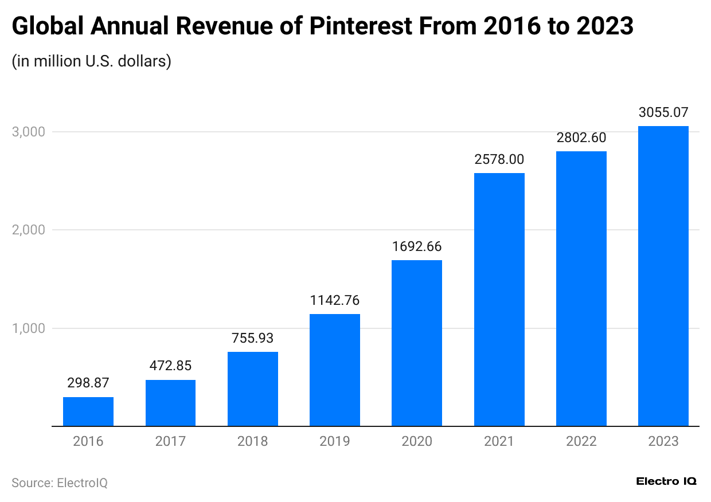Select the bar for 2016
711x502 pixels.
pyautogui.click(x=88, y=411)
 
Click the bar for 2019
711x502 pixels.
pyautogui.click(x=335, y=370)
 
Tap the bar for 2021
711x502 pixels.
pyautogui.click(x=499, y=299)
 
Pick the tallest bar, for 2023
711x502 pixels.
pyautogui.click(x=663, y=276)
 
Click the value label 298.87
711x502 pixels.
pyautogui.click(x=88, y=382)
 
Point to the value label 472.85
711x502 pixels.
pyautogui.click(x=170, y=365)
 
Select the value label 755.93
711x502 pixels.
pyautogui.click(x=252, y=338)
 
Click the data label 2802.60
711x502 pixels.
pyautogui.click(x=581, y=138)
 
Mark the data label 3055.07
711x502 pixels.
pyautogui.click(x=663, y=112)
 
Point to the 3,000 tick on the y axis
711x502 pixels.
pyautogui.click(x=28, y=132)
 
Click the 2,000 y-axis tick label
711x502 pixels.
pyautogui.click(x=28, y=230)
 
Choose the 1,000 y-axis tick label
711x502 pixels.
pyautogui.click(x=28, y=328)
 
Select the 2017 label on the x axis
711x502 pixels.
pyautogui.click(x=170, y=441)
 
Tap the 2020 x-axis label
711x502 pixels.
pyautogui.click(x=417, y=441)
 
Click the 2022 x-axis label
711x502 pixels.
pyautogui.click(x=581, y=441)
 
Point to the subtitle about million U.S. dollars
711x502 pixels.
pyautogui.click(x=92, y=61)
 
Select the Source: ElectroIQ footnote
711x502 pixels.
pyautogui.click(x=60, y=483)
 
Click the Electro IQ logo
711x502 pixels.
pyautogui.click(x=666, y=481)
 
